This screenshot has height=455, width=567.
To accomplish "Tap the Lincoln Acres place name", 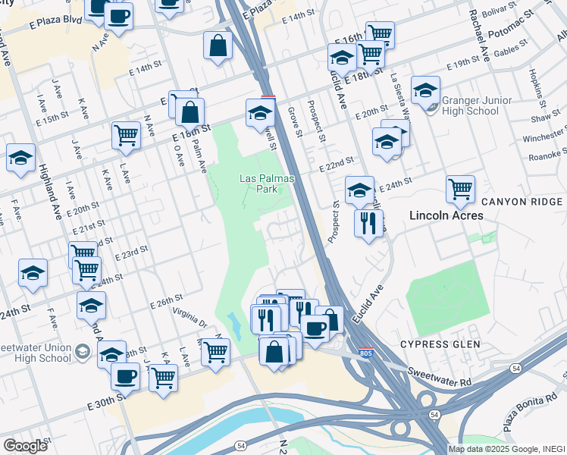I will (446, 215).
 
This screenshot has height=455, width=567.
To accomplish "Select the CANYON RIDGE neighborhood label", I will (521, 202).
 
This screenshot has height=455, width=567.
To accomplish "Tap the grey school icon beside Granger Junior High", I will (431, 108).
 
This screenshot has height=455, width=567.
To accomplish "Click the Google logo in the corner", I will (25, 445).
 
